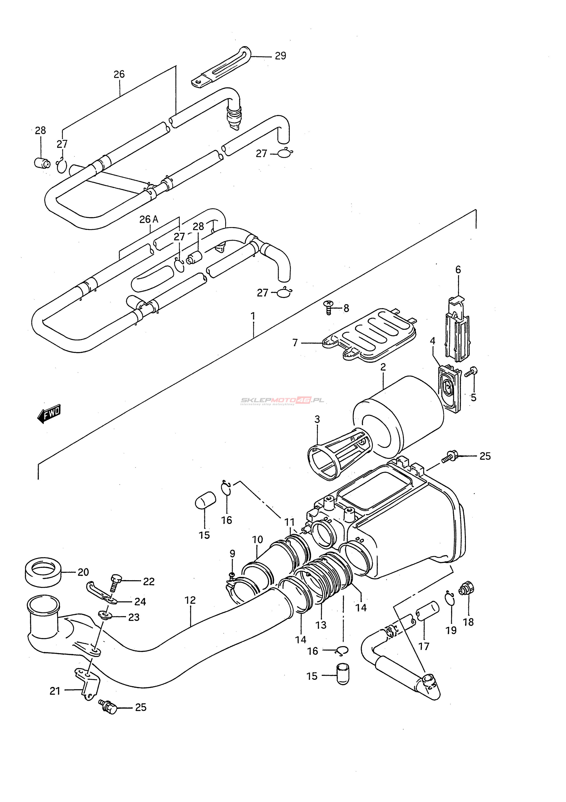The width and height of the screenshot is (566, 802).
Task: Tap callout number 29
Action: tap(280, 56)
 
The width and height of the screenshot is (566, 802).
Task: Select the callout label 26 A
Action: tap(149, 219)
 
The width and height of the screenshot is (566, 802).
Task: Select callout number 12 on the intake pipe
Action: tap(190, 600)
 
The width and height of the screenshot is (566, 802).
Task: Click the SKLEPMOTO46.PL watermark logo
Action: tap(282, 401)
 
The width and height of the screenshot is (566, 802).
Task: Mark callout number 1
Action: tap(253, 316)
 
